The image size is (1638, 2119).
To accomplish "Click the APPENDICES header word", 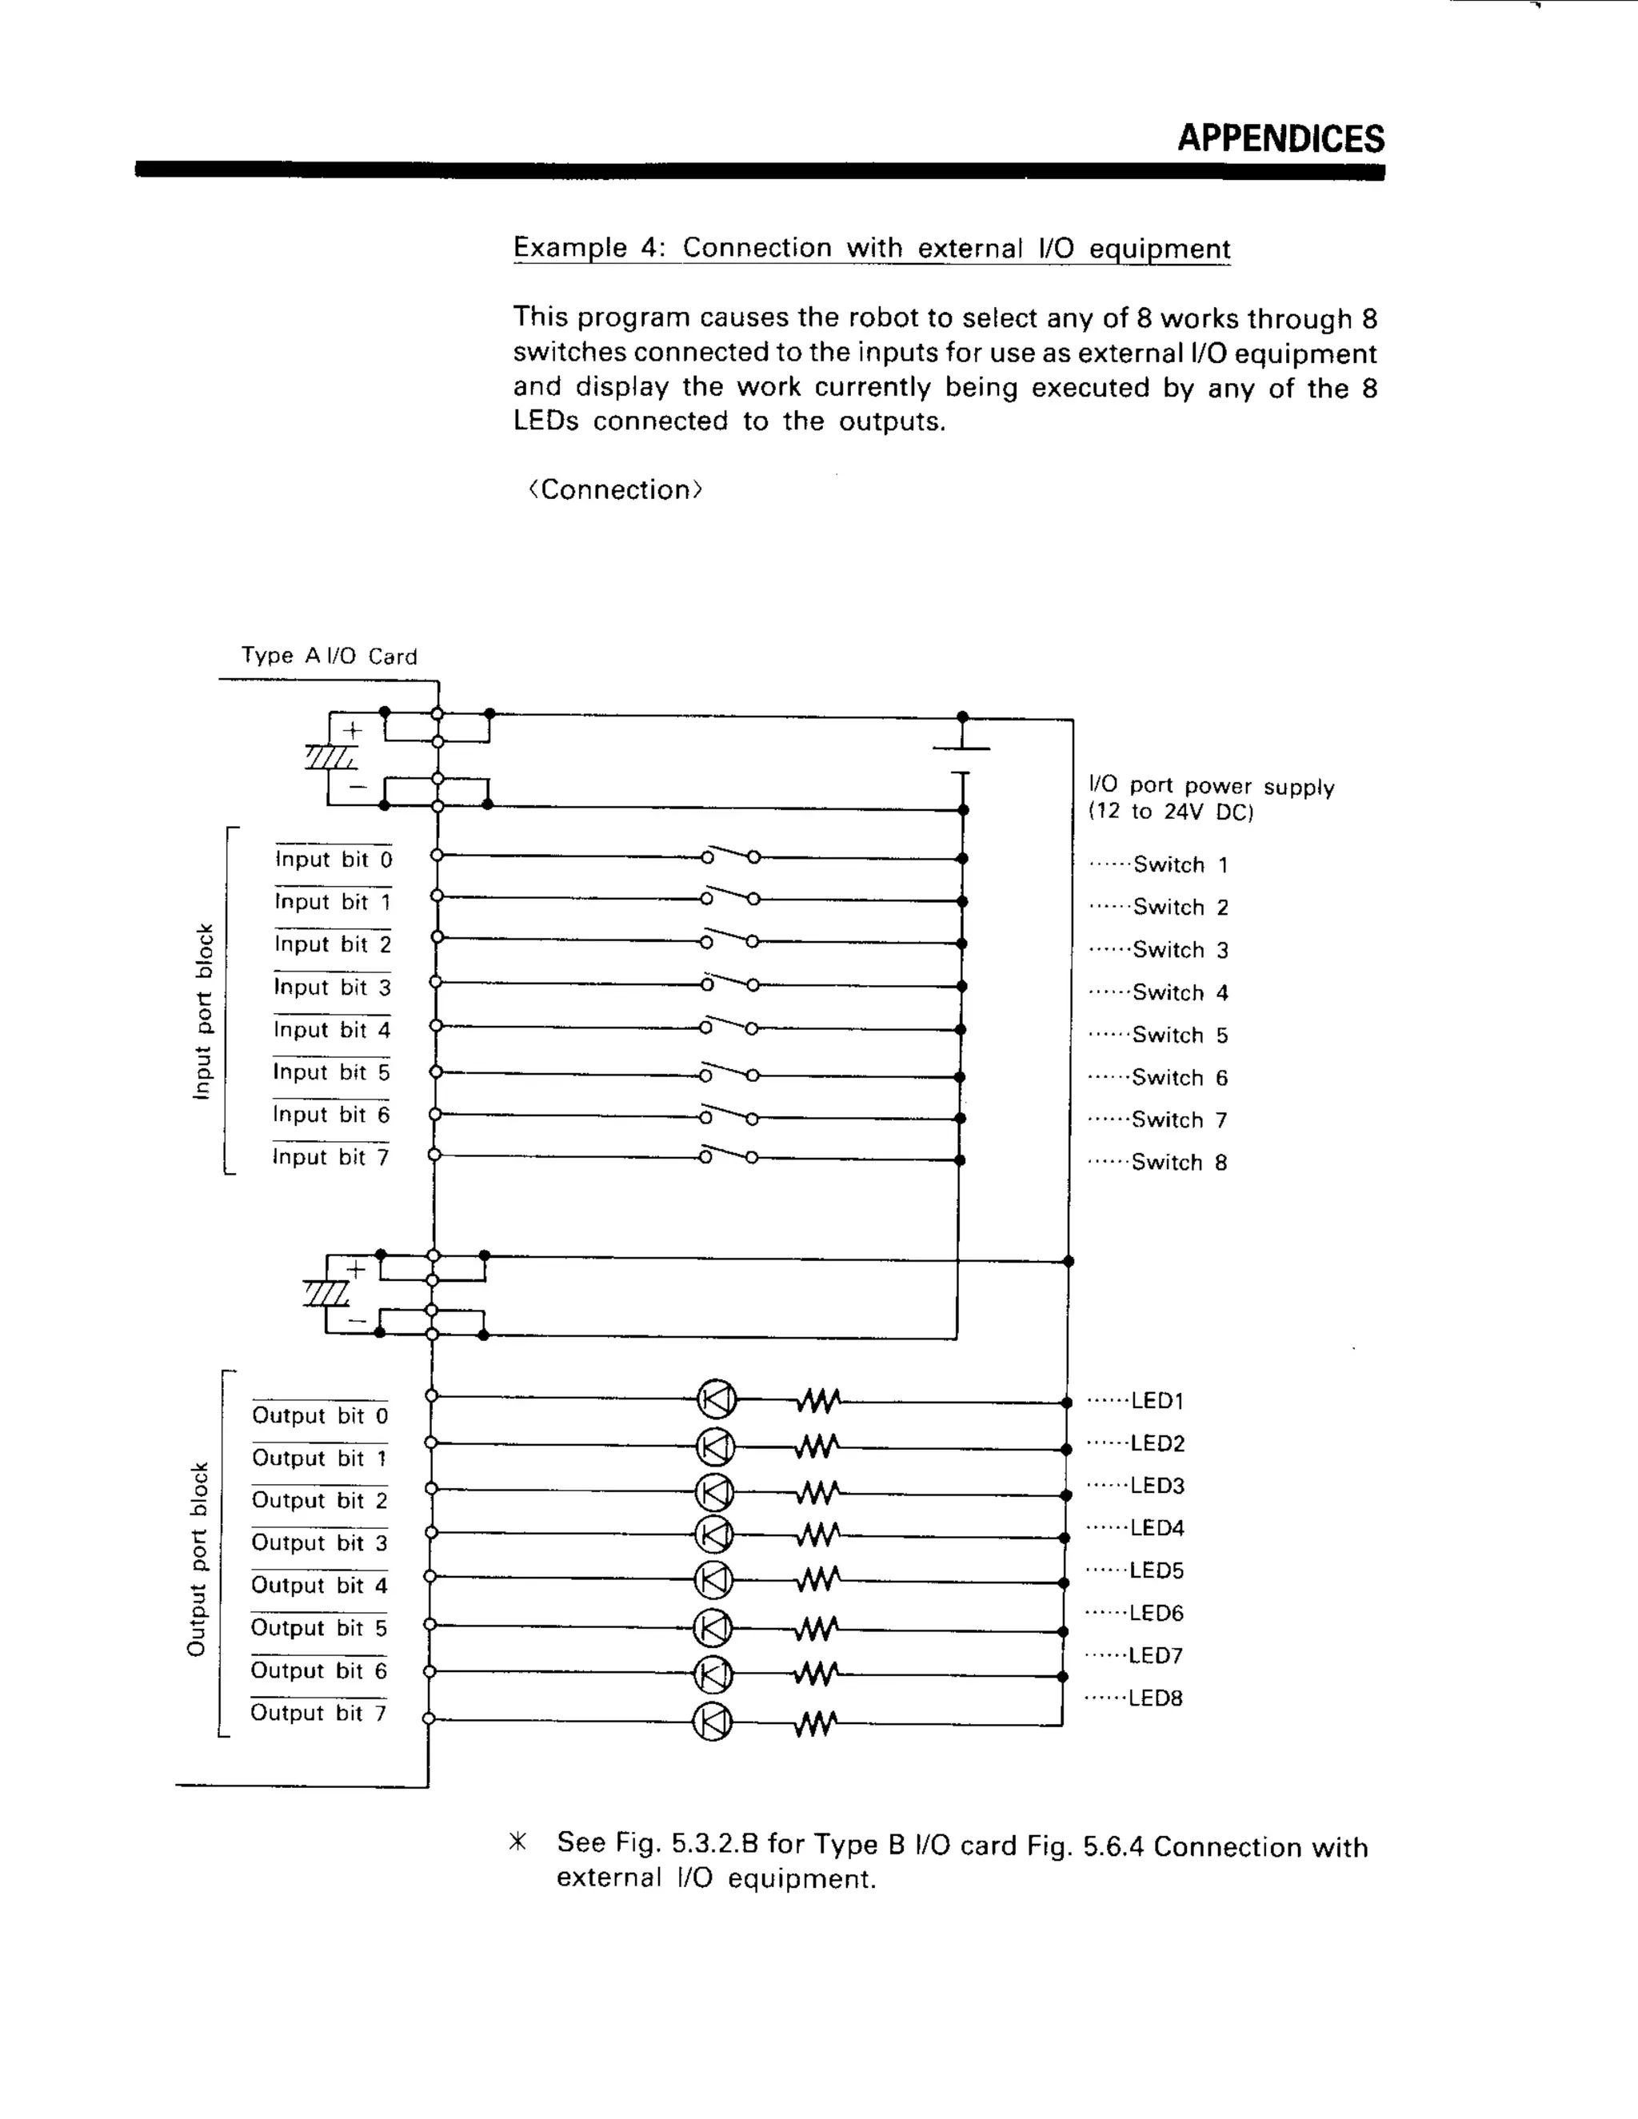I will point(1281,139).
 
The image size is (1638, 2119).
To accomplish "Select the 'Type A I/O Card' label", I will point(329,656).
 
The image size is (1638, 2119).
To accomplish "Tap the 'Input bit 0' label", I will point(333,860).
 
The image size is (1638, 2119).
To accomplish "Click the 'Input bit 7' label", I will point(330,1158).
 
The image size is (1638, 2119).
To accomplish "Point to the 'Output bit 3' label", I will point(319,1542).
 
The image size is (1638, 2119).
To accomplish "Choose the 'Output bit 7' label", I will point(318,1713).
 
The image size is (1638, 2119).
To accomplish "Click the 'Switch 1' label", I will point(1180,864).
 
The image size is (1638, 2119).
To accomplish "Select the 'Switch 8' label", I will point(1179,1163).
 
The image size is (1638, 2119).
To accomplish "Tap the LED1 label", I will point(1157,1400).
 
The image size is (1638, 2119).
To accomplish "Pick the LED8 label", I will point(1155,1698).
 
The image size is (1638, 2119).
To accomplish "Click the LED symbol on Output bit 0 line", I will point(717,1400).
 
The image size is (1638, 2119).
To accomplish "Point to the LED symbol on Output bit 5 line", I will point(713,1628).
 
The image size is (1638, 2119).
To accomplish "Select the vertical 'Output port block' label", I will point(198,1559).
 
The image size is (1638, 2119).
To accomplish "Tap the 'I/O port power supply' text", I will point(1211,786).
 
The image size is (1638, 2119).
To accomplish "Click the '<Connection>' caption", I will point(614,490).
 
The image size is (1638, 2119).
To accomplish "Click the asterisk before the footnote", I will point(519,1842).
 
